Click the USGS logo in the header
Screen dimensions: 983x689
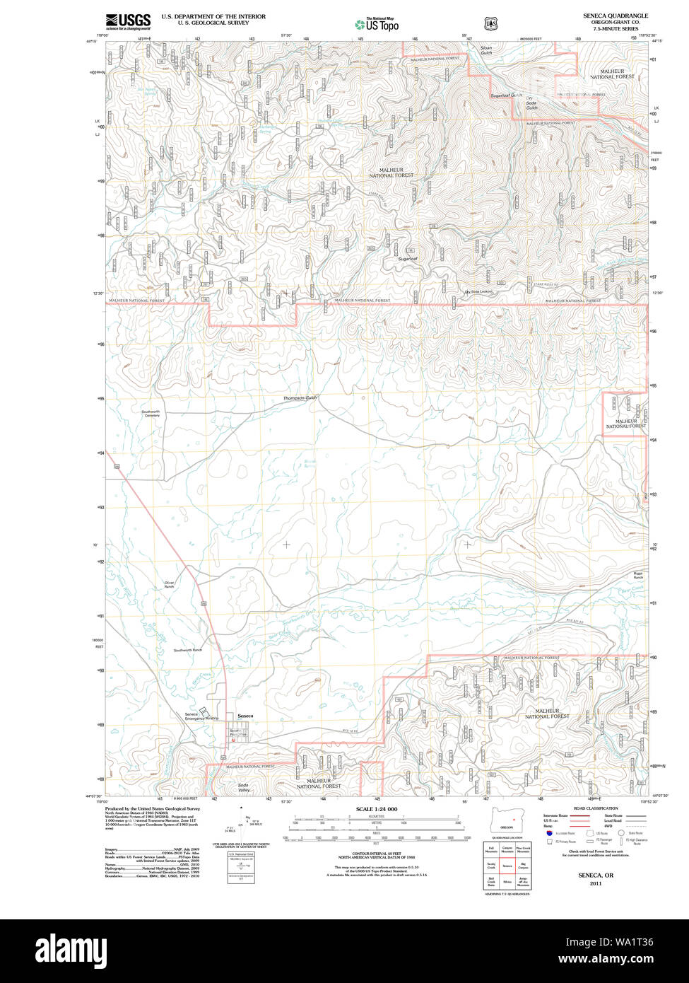128,21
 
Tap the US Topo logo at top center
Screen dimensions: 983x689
377,24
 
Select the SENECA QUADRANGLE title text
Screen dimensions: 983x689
615,16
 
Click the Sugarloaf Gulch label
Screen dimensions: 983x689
507,95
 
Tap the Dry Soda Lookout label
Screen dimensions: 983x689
478,292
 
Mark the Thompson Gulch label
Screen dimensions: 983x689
300,398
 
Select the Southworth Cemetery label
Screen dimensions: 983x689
151,414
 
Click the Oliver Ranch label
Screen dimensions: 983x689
169,585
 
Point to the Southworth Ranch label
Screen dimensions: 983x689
187,650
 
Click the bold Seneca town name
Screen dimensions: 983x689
245,716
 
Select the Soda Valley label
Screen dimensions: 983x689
244,788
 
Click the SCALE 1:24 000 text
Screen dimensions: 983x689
376,809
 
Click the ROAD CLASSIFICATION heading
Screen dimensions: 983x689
596,808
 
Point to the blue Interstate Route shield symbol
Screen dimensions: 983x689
547,834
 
